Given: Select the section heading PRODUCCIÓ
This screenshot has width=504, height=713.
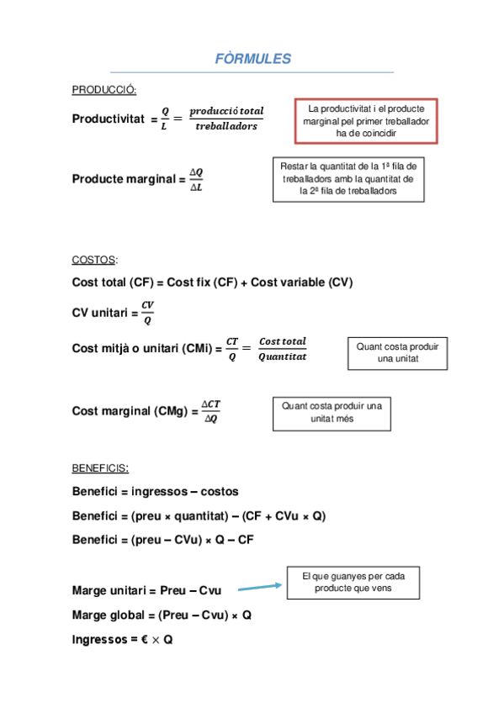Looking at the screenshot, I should [x=104, y=91].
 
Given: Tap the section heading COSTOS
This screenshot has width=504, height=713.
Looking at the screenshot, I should [x=94, y=260].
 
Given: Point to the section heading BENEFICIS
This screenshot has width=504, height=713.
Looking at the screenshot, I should [x=100, y=467].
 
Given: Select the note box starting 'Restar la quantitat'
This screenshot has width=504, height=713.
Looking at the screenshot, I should [x=347, y=179].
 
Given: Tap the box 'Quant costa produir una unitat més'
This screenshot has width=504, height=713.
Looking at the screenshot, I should [x=332, y=412].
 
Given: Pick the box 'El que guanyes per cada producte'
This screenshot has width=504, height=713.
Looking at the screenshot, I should [x=353, y=583].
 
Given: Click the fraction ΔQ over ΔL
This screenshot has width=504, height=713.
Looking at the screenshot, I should [x=196, y=180].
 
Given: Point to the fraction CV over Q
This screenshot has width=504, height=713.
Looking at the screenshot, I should [x=147, y=312].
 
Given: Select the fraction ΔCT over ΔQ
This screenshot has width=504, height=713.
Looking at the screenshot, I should [x=210, y=411].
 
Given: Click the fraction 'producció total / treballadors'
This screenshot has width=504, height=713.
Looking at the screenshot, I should [x=225, y=119].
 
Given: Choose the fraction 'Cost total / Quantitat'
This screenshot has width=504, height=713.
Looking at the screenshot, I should [x=282, y=349].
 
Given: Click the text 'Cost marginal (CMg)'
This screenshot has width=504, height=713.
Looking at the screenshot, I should [x=130, y=411].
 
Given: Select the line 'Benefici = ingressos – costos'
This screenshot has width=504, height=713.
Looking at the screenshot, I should [x=156, y=492].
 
